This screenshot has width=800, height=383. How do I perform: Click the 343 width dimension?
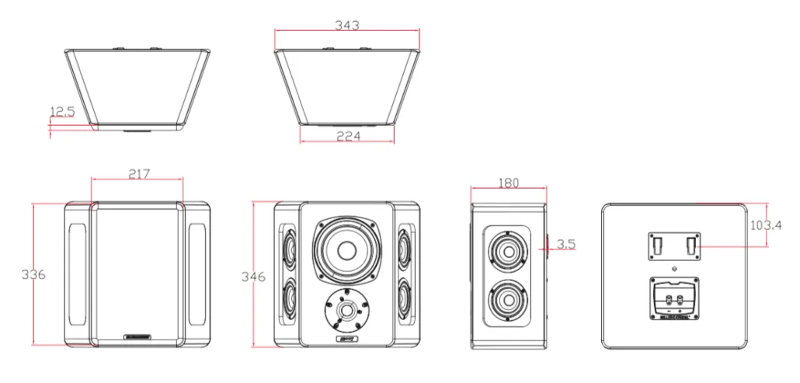pos(346,26)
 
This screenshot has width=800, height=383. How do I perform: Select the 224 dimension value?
pos(346,136)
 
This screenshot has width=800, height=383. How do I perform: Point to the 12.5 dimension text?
pos(62,113)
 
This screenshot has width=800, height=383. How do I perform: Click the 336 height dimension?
pos(33,274)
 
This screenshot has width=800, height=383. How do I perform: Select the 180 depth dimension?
pos(508,183)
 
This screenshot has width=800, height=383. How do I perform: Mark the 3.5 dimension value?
pos(566,244)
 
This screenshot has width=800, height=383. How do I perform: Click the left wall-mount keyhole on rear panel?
pos(655,246)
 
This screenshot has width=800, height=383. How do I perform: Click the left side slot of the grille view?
pos(78,274)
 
